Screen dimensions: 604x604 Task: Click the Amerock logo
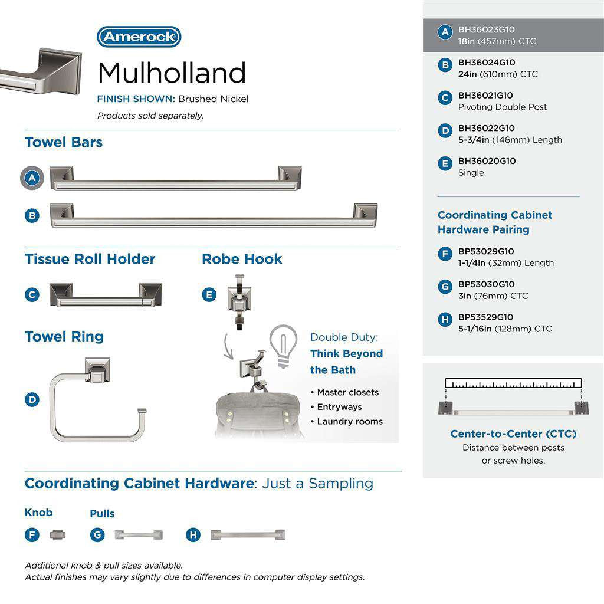pos(139,37)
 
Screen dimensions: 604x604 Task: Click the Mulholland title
pos(171,73)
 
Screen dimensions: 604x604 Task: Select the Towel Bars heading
pos(64,142)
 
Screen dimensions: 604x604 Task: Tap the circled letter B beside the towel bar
pos(32,216)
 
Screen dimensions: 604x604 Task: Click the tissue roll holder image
pos(106,295)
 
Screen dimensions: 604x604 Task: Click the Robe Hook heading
pos(242,259)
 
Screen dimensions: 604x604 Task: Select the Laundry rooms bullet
pos(349,421)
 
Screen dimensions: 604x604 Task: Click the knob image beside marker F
pos(58,535)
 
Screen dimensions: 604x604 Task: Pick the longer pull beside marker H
pos(248,535)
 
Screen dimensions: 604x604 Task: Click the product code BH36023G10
pos(487,29)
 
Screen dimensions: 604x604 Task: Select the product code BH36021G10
pos(485,95)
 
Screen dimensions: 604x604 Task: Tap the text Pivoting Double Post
pos(503,107)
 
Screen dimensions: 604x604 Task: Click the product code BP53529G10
pos(485,317)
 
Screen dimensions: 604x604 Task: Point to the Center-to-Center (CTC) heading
pos(513,434)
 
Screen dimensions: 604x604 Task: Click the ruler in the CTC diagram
pos(513,383)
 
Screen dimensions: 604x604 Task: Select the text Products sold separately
pos(150,116)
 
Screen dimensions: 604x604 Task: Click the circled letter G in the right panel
pos(445,287)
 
